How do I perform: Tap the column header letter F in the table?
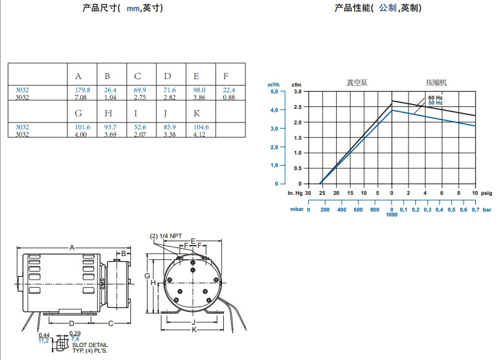coord(226,76)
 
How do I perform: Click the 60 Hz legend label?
coord(435,98)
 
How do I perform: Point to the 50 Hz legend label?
coord(435,103)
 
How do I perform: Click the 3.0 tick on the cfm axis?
coord(297,92)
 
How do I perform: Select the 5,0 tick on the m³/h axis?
coord(274,92)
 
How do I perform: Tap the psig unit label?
coord(486,193)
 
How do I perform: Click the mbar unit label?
coord(295,210)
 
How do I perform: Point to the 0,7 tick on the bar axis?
coord(475,210)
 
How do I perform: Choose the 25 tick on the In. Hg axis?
coord(322,193)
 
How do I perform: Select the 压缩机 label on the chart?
coord(436,82)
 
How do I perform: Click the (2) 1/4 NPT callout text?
coord(166,237)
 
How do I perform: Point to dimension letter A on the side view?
coord(72,247)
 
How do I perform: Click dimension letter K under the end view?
coord(193,330)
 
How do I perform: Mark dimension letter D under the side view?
coord(71,324)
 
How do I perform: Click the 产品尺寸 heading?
coord(100,8)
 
